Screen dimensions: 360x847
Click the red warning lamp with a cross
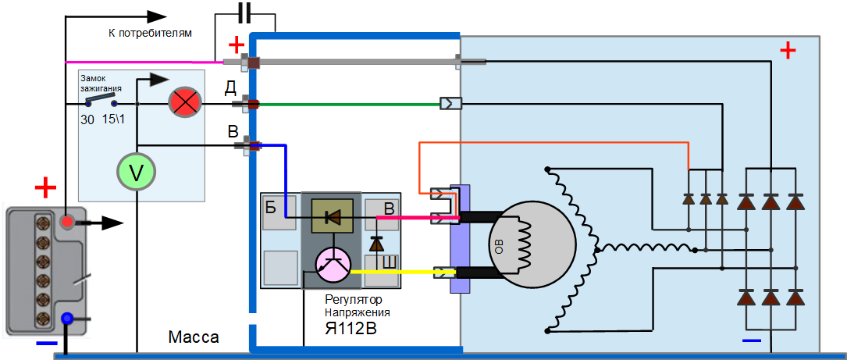click(x=186, y=103)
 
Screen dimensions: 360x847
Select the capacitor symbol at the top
click(x=244, y=13)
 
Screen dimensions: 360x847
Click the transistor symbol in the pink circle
click(x=334, y=265)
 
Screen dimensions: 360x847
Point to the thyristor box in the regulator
click(x=332, y=216)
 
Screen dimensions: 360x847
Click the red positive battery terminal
click(x=68, y=223)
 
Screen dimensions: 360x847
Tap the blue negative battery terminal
click(x=67, y=319)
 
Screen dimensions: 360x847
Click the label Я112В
click(x=351, y=328)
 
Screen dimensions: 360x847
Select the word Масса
click(x=194, y=337)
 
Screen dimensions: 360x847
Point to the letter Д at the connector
click(x=231, y=87)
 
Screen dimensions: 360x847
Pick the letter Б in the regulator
click(x=271, y=207)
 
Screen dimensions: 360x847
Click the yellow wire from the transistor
click(x=398, y=272)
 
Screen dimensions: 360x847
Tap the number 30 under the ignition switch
click(x=88, y=120)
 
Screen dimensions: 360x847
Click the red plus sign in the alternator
click(x=788, y=52)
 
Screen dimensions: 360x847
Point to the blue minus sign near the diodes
click(x=752, y=341)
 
